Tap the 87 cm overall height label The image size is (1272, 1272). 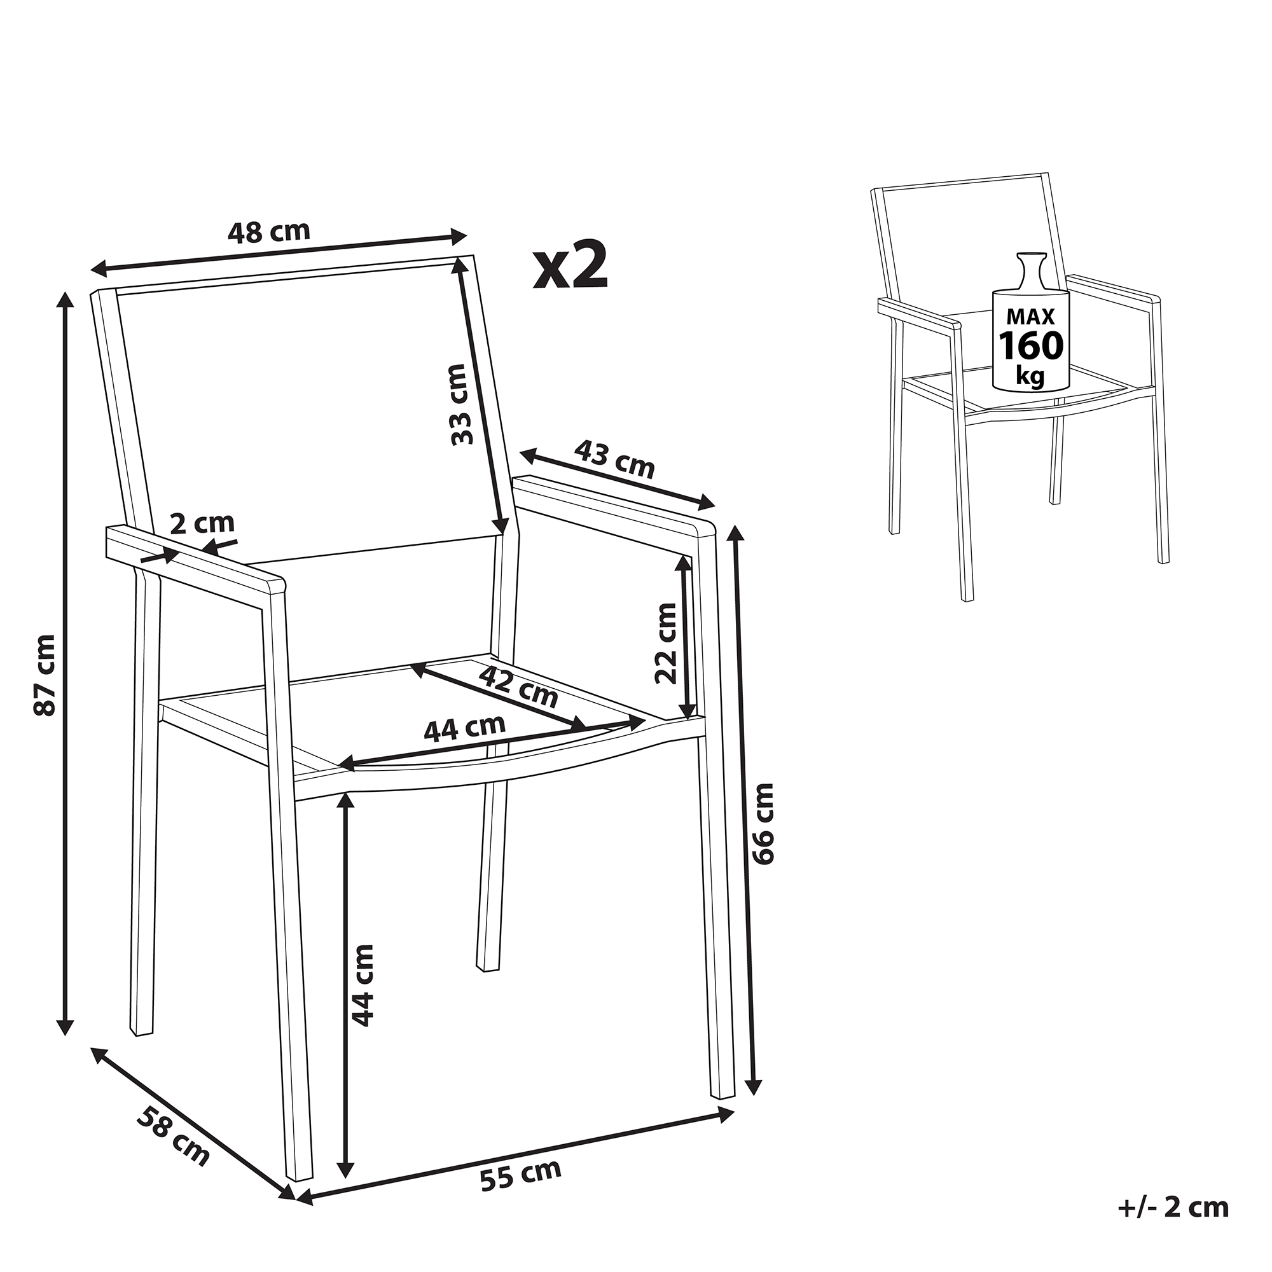(x=46, y=674)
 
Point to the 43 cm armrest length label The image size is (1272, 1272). (x=615, y=459)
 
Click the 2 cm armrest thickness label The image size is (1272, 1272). (x=202, y=523)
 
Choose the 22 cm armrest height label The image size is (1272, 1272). (x=666, y=643)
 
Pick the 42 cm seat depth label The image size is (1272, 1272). (x=518, y=686)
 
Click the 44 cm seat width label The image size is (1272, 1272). (x=465, y=729)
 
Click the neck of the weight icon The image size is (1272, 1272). (x=1030, y=275)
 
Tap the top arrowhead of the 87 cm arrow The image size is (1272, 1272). (x=64, y=300)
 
